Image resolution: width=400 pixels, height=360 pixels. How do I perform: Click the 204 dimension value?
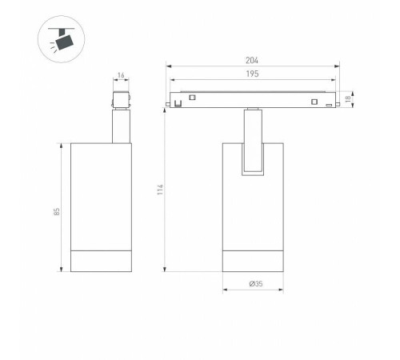252,61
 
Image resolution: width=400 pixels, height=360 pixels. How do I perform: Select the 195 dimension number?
252,74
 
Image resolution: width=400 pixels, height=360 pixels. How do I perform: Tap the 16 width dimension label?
121,75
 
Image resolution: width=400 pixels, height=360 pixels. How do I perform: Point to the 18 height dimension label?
348,99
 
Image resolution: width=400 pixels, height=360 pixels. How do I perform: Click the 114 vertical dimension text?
160,190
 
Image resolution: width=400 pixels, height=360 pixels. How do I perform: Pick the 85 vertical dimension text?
57,212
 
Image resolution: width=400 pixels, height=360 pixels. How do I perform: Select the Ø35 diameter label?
256,284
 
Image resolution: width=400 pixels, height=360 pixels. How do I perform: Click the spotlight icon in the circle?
62,38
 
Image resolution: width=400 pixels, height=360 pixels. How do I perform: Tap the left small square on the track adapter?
192,98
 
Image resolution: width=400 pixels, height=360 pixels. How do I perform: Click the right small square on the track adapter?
314,102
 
